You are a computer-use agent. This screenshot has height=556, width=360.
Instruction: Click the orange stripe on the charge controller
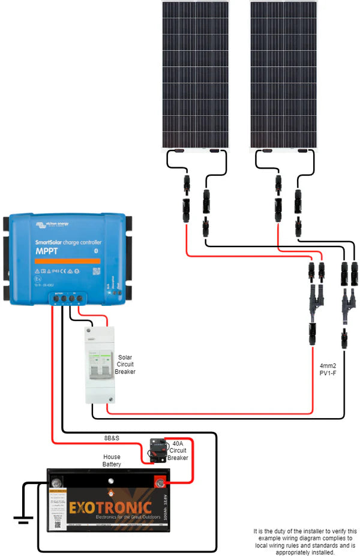[x=66, y=262]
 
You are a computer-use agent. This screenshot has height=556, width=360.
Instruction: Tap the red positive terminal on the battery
[x=161, y=481]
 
